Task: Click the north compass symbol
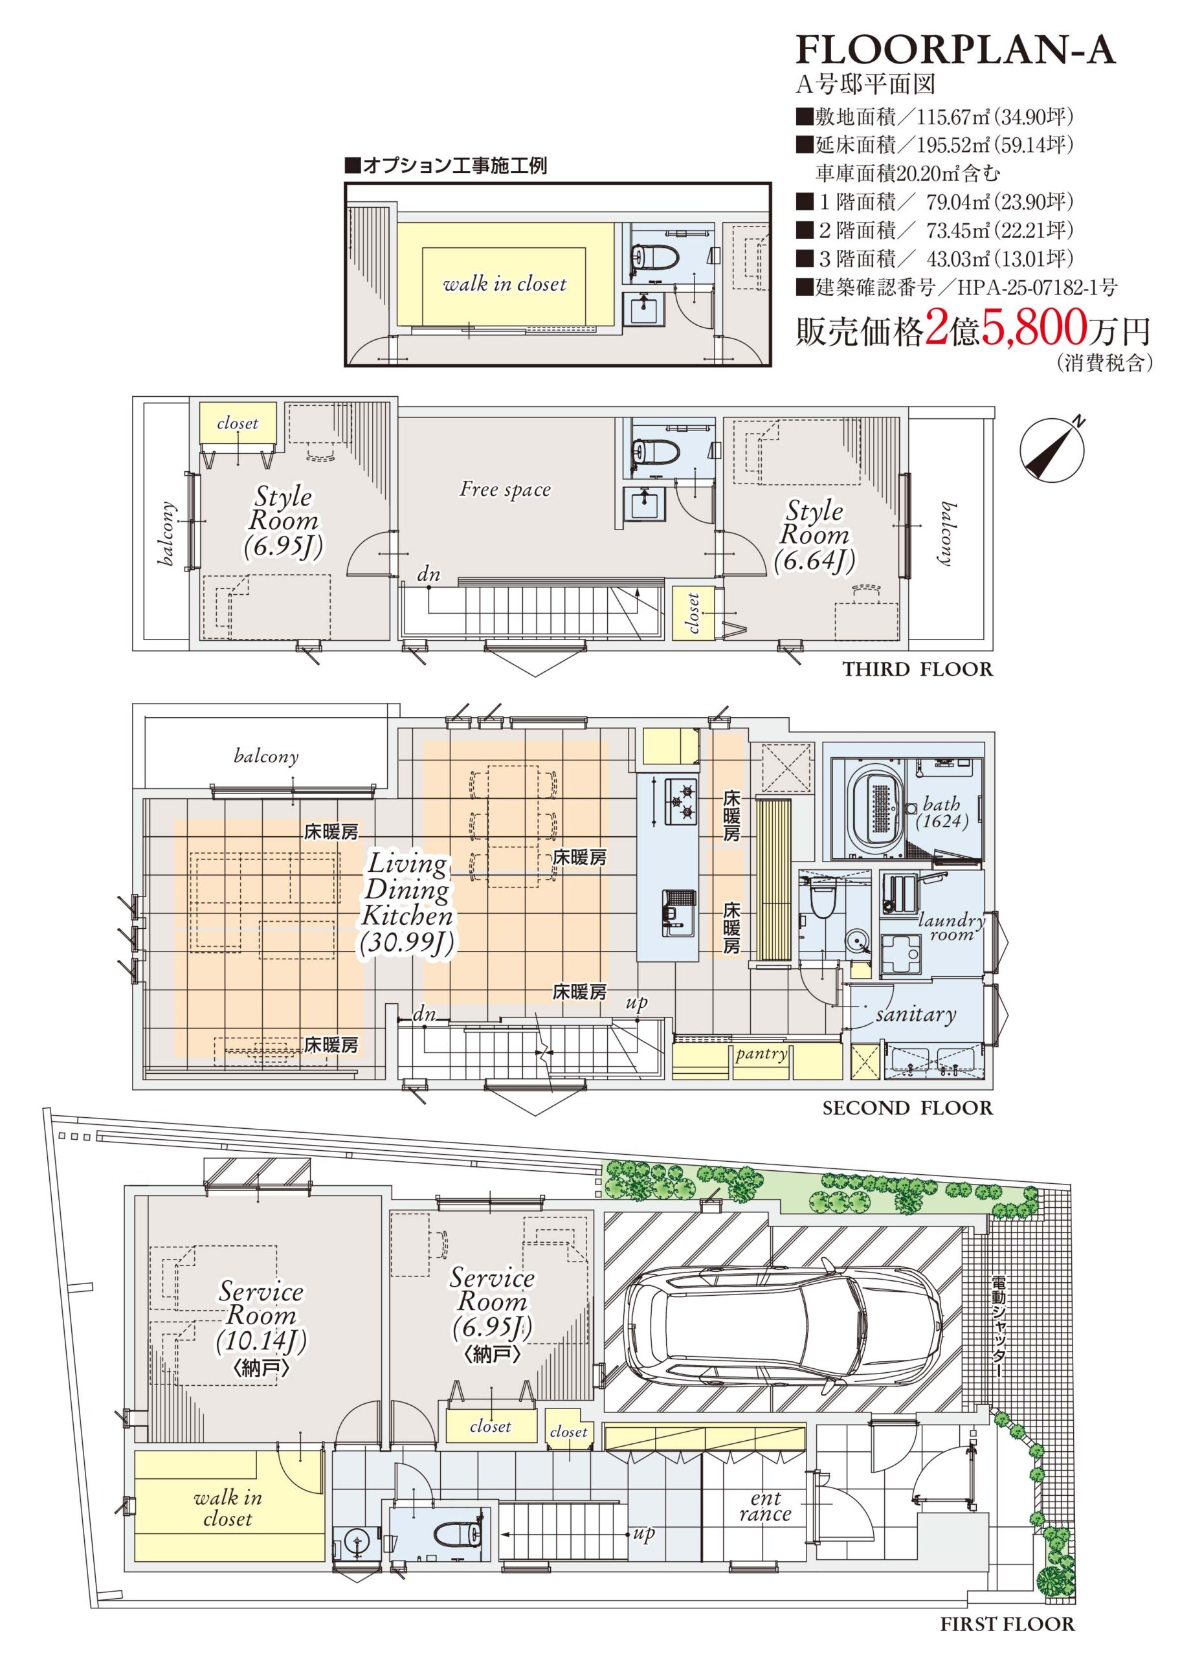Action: tap(1052, 448)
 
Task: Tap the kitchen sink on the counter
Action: tap(680, 913)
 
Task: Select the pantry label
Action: tap(761, 1054)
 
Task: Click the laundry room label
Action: tap(952, 926)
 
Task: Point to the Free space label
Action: tap(505, 489)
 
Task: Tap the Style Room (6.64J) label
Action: tap(814, 535)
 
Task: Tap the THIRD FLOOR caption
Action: tap(918, 669)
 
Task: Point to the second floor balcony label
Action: tap(266, 756)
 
